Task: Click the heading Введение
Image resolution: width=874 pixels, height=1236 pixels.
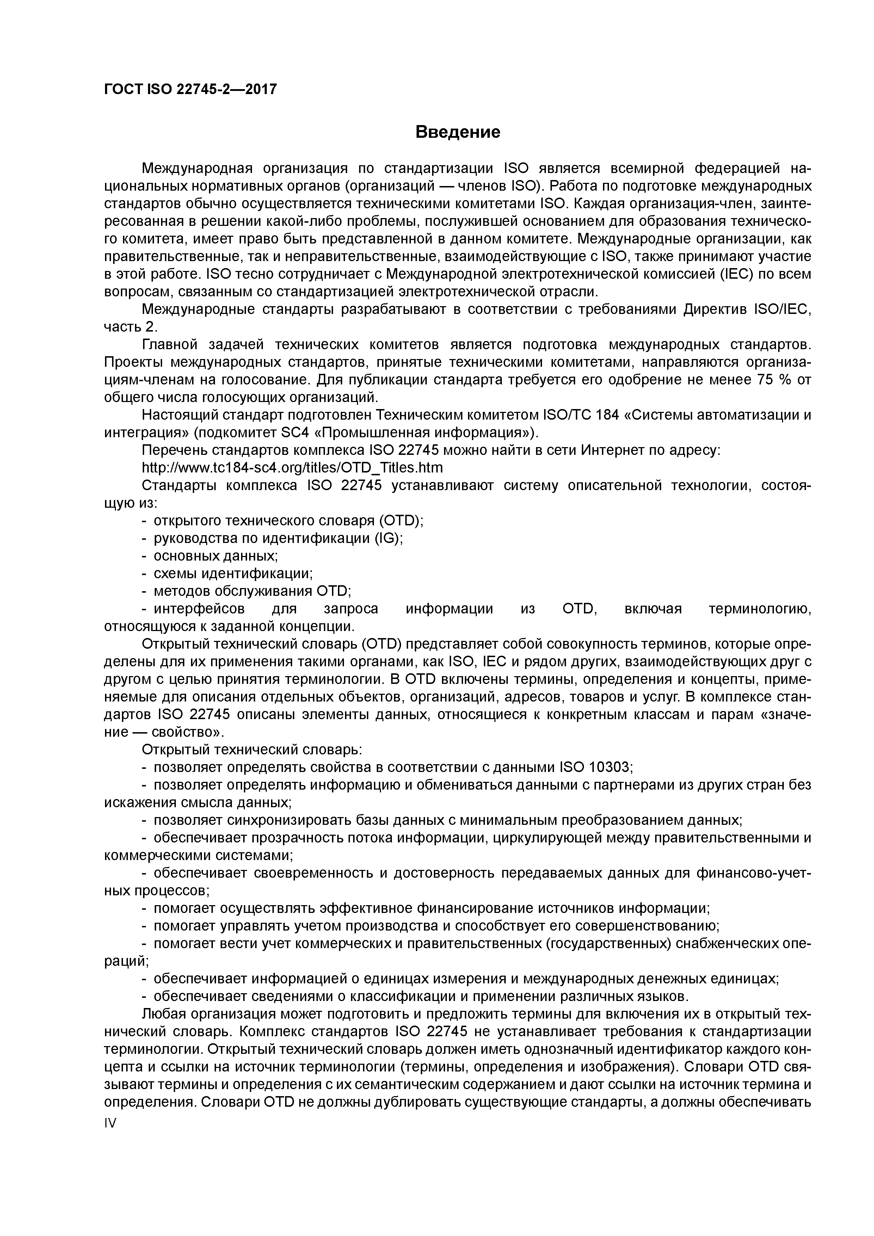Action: (x=458, y=132)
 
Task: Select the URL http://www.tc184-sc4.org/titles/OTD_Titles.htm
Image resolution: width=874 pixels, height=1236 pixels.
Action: (x=293, y=467)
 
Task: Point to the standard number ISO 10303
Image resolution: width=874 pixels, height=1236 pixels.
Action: (x=595, y=767)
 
